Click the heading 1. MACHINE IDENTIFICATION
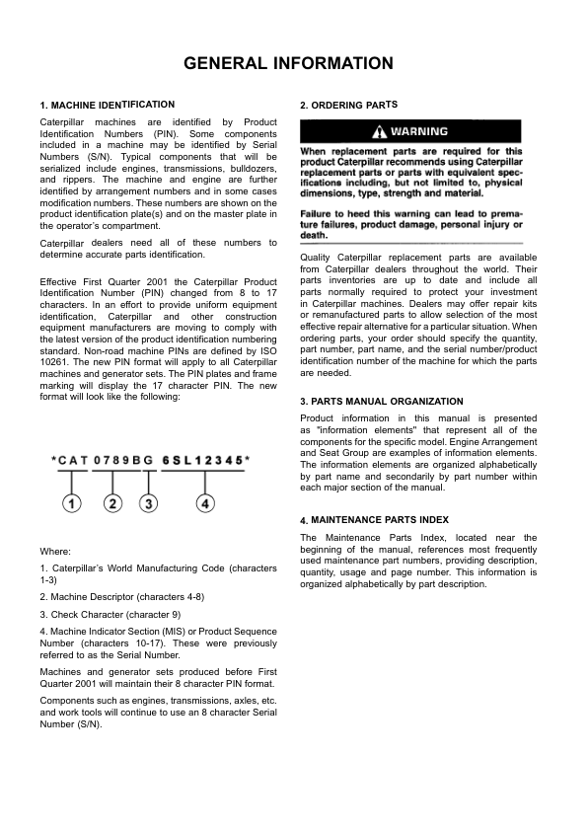(108, 105)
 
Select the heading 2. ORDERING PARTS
(348, 105)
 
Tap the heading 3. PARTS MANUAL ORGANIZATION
(381, 402)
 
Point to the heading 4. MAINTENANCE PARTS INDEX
(374, 520)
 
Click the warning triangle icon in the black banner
(380, 132)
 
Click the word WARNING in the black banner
(419, 132)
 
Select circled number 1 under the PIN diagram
(72, 504)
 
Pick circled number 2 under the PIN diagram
(113, 504)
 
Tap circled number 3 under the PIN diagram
(148, 504)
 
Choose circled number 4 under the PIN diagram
(204, 504)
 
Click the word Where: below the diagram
(54, 551)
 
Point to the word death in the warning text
(313, 236)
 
